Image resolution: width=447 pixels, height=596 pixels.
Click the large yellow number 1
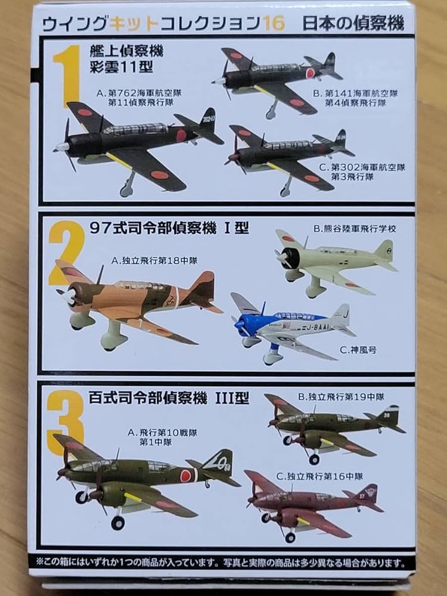(x=69, y=76)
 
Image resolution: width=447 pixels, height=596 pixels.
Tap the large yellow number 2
(x=67, y=253)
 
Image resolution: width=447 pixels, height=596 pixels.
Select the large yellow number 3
(x=66, y=423)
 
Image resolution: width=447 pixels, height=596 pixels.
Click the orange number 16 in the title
(x=274, y=24)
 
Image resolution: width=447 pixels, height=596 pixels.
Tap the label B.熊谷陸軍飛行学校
(x=355, y=228)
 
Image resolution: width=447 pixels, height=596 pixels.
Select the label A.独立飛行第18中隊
(x=154, y=261)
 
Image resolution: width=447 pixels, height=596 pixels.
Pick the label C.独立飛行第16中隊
(x=319, y=476)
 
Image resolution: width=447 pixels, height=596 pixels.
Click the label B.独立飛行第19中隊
(x=341, y=397)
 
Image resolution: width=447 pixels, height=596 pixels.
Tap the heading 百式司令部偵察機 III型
(x=169, y=398)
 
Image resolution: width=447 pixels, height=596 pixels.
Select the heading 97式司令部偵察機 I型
(x=169, y=228)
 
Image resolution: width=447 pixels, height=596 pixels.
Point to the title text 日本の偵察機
(x=353, y=24)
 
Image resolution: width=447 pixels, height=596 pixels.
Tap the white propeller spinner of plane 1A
(x=62, y=147)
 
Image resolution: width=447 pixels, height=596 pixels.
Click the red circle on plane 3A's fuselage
(x=185, y=475)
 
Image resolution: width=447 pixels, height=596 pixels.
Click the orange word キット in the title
(x=134, y=24)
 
